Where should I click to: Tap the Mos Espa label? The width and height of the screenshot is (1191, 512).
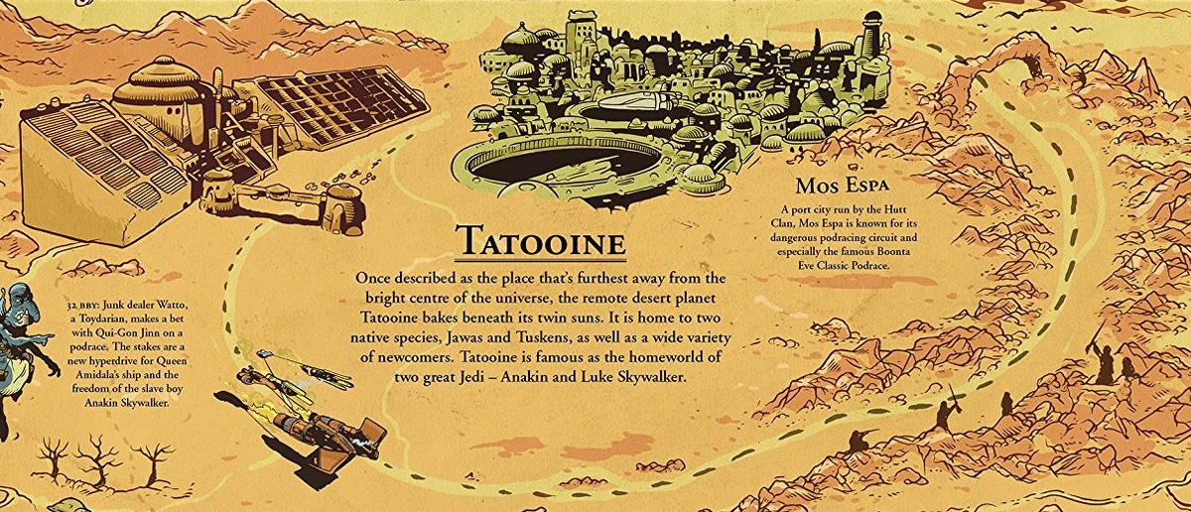point(840,187)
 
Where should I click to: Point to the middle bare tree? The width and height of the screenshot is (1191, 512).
point(98,459)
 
